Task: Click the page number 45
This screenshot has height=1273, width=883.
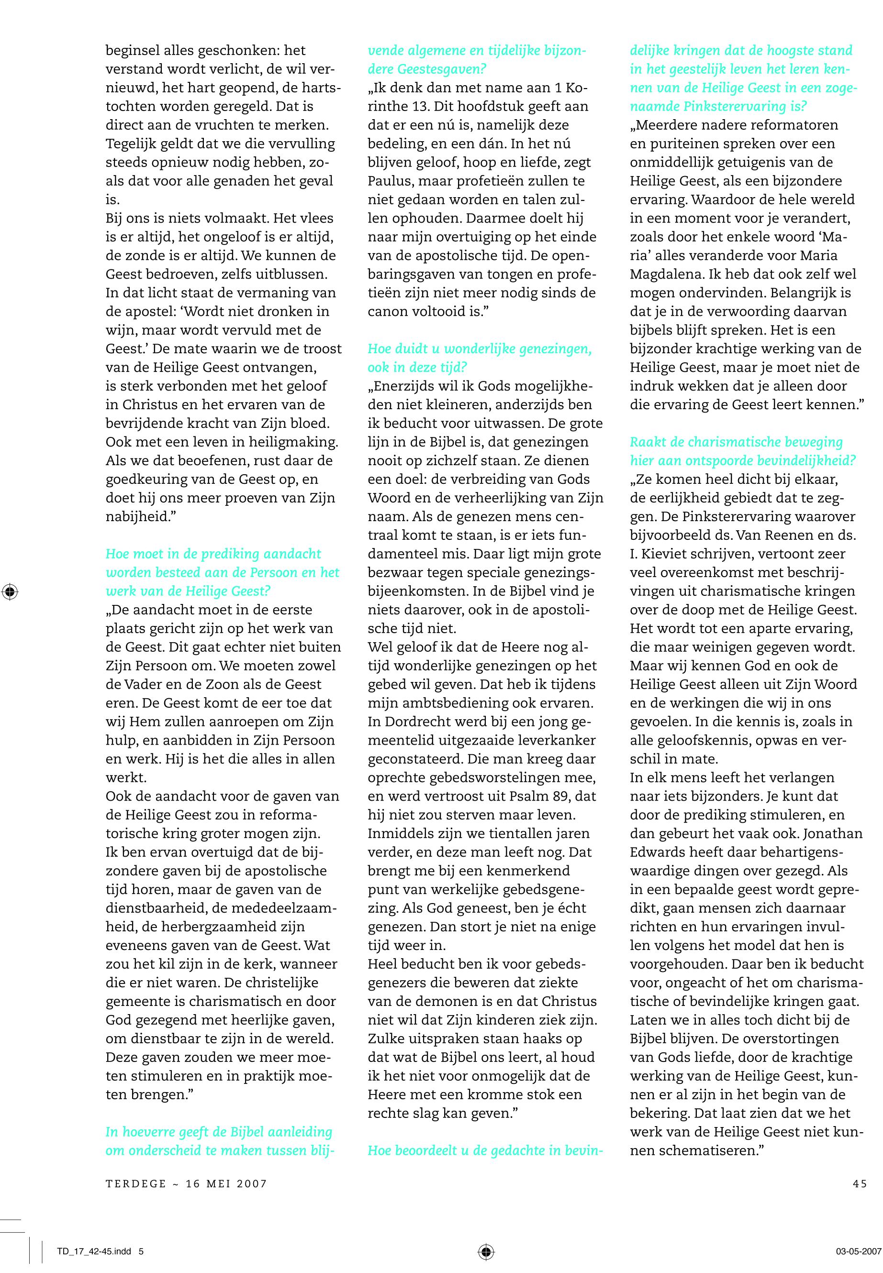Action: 860,1184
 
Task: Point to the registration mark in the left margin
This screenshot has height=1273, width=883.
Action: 10,592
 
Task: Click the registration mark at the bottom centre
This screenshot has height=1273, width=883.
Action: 486,1251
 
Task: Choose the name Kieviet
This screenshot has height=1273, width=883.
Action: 671,554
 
